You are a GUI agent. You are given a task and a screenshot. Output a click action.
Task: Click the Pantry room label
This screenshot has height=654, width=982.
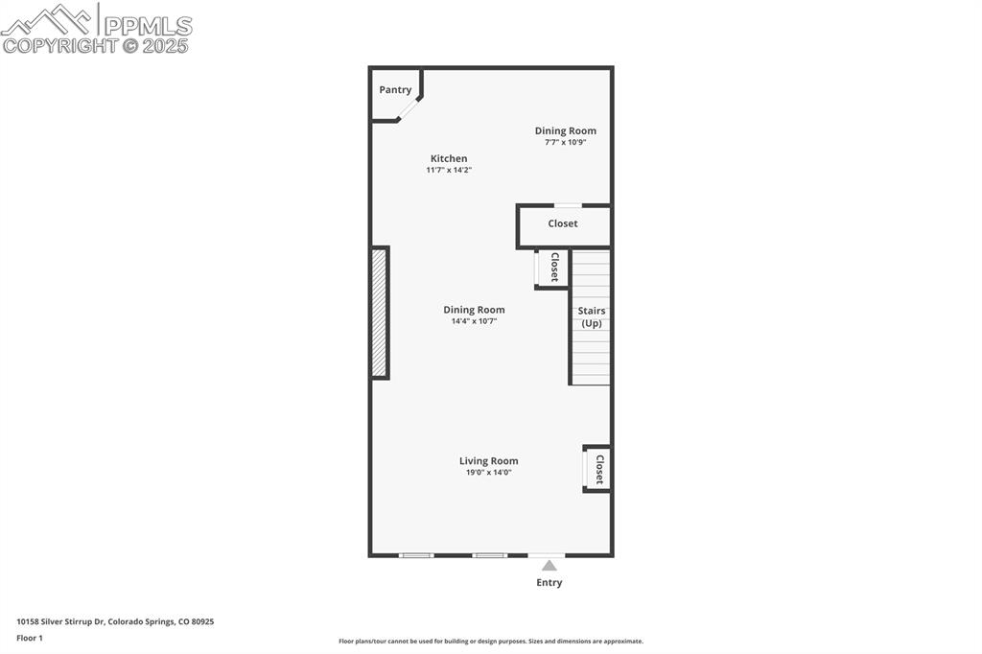(x=395, y=90)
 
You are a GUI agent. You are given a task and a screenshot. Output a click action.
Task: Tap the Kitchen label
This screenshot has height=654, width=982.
(x=449, y=158)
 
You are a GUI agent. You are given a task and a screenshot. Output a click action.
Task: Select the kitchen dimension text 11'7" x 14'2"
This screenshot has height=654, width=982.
(x=449, y=170)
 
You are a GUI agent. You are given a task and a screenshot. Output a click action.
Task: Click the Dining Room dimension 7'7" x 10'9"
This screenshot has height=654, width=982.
(x=565, y=142)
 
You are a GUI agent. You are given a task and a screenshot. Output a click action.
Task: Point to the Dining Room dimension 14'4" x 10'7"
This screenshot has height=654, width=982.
(x=474, y=321)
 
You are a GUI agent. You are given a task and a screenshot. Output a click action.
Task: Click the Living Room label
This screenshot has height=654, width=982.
(x=488, y=461)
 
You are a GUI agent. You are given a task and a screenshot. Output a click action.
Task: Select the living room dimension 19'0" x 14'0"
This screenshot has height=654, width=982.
(x=488, y=473)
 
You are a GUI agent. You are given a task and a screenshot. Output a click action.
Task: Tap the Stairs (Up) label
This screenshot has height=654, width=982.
(x=591, y=317)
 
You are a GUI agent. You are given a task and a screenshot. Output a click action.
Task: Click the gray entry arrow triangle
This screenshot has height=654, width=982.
(x=549, y=566)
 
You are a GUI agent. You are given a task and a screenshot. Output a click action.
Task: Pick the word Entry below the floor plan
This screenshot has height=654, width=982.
(x=549, y=582)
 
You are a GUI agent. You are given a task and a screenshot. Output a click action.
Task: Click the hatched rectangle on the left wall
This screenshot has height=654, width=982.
(x=380, y=313)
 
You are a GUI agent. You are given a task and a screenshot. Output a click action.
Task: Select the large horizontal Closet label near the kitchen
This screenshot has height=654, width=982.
(x=563, y=223)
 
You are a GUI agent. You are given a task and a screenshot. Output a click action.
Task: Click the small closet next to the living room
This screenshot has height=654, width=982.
(x=597, y=469)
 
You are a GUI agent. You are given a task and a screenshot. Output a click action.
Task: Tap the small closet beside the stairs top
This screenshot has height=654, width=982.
(x=552, y=268)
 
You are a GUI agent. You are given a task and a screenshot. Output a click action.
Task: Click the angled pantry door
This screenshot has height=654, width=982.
(x=409, y=109)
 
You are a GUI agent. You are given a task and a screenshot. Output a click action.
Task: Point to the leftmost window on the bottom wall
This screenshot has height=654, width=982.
(x=416, y=555)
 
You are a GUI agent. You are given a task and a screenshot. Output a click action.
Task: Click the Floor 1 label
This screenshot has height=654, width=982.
(x=30, y=638)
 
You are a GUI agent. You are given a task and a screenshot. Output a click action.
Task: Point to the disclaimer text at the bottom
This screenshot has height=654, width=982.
(x=490, y=642)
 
